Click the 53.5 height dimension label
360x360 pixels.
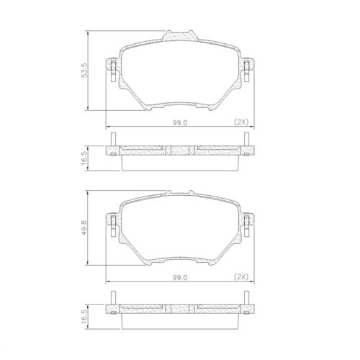click(x=84, y=70)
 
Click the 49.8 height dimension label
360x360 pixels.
click(x=84, y=228)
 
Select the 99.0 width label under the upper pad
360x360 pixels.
click(x=180, y=122)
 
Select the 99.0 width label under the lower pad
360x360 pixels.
click(x=180, y=277)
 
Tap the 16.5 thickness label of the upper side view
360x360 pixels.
click(x=84, y=158)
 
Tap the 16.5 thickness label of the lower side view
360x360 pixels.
click(x=84, y=316)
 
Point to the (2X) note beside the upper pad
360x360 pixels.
click(x=241, y=122)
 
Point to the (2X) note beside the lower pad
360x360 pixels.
click(x=241, y=277)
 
